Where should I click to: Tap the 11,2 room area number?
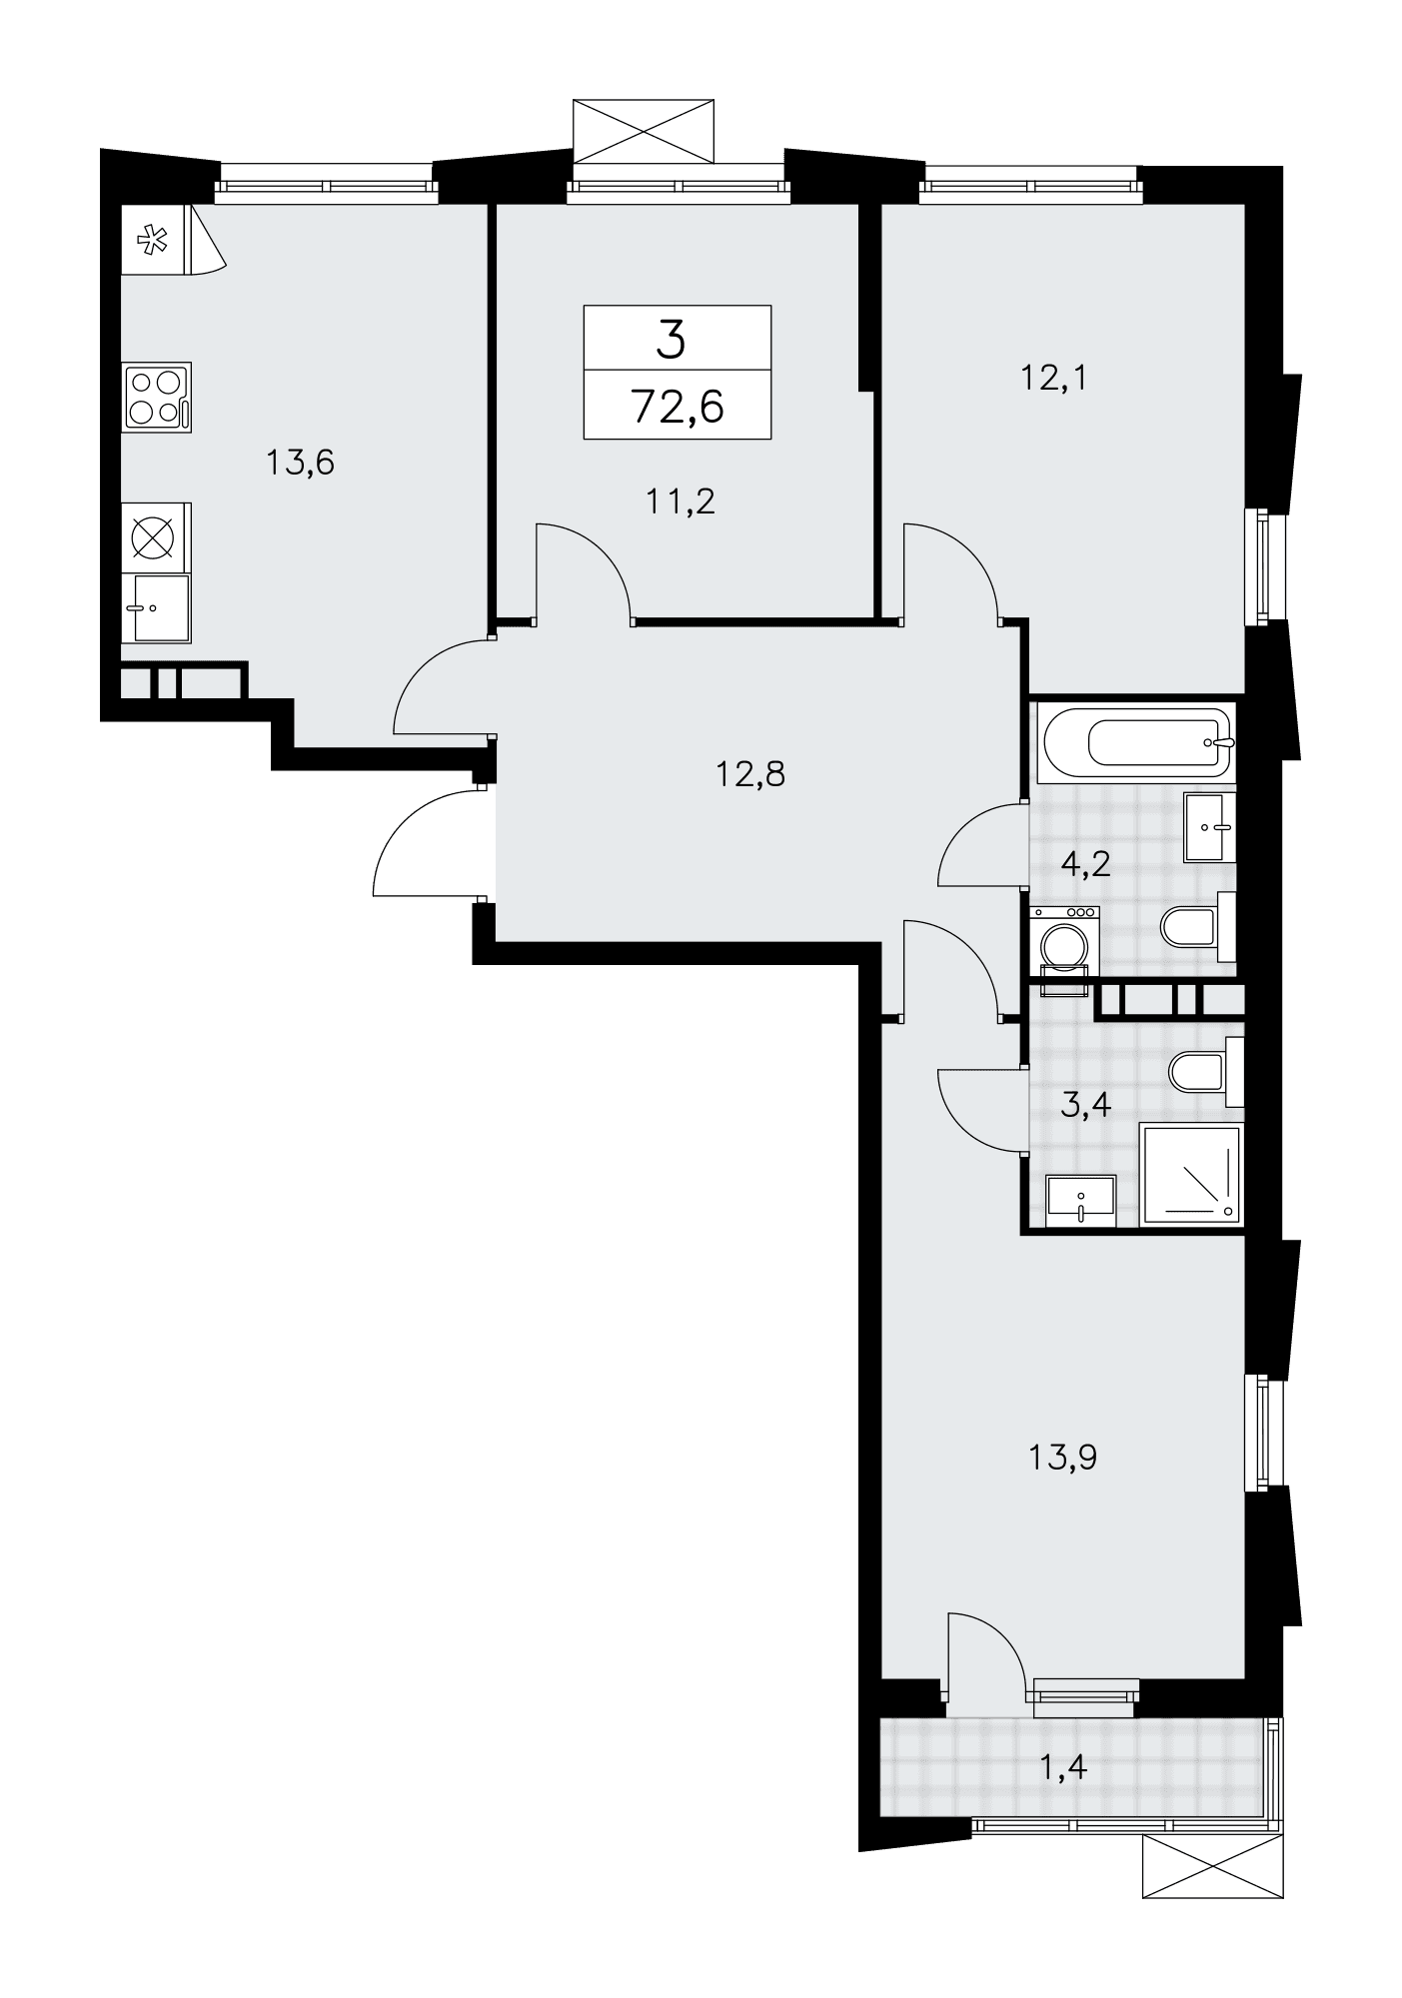[x=682, y=500]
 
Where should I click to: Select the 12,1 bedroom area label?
[x=1053, y=378]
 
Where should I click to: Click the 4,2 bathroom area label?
[x=1085, y=863]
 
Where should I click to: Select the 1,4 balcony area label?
[x=1063, y=1766]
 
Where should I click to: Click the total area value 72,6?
[x=678, y=407]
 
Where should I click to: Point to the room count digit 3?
[x=672, y=341]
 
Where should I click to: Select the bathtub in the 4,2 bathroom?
[x=1137, y=743]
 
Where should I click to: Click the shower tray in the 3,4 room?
[x=1190, y=1175]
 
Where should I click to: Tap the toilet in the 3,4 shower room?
[x=1206, y=1072]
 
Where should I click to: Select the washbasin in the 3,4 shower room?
[x=1080, y=1199]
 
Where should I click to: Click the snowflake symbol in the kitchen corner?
[x=152, y=240]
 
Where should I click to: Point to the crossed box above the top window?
[x=644, y=130]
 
